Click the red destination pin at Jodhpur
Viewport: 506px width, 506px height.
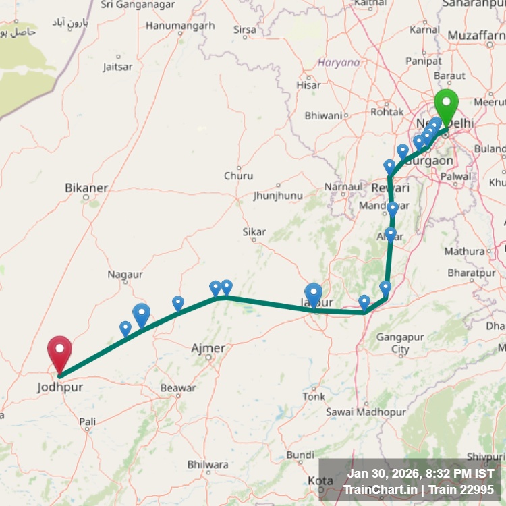[59, 352]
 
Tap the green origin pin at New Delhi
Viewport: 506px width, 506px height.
[446, 105]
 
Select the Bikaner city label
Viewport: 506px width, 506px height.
[86, 188]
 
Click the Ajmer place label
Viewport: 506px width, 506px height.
[208, 348]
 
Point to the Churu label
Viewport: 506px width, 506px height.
[239, 176]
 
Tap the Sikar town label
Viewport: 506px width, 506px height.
[254, 232]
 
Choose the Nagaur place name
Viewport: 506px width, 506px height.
[125, 275]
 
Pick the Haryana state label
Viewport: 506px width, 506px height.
[339, 63]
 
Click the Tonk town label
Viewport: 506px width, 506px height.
[313, 396]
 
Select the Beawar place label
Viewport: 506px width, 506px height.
[178, 388]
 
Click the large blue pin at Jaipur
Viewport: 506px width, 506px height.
[314, 293]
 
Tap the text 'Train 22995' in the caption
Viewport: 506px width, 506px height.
[465, 490]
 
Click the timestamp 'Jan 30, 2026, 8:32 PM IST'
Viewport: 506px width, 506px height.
[421, 473]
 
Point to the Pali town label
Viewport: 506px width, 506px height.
[88, 422]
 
